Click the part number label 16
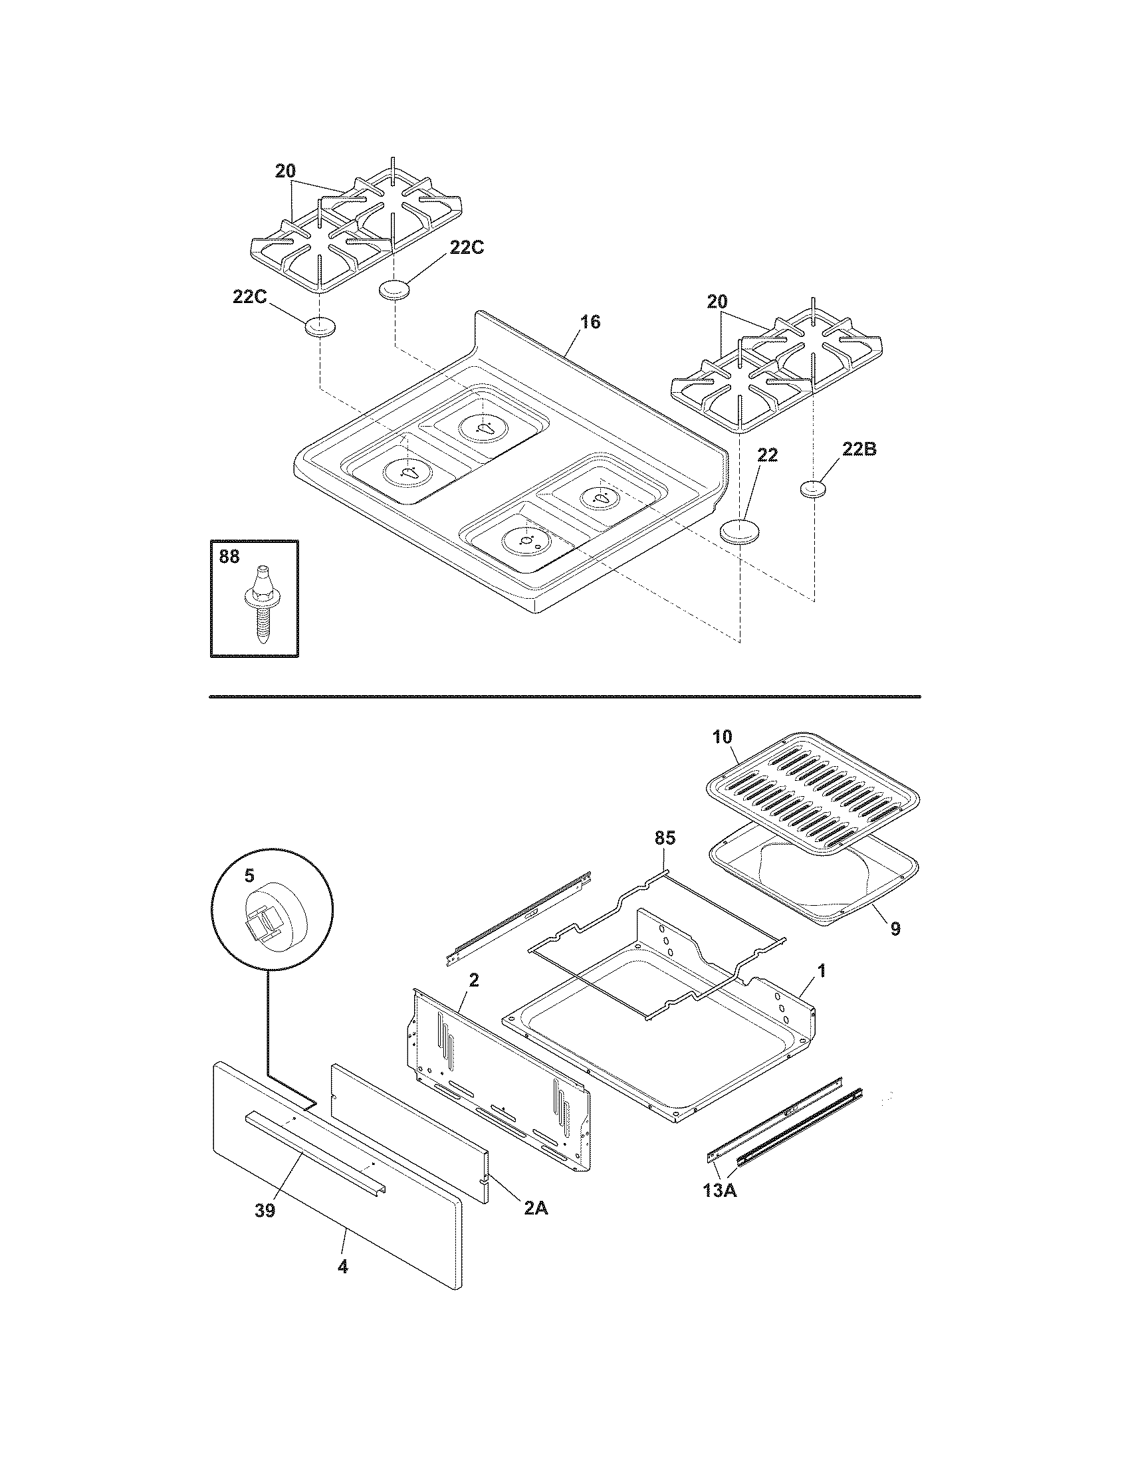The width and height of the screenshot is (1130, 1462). [x=590, y=322]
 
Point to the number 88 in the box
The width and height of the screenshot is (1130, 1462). [x=229, y=557]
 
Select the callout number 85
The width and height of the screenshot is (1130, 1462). [x=665, y=837]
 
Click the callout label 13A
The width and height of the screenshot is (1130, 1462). [x=721, y=1209]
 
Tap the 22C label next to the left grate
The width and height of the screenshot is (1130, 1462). [x=250, y=297]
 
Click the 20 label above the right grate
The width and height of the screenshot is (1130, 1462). [x=717, y=301]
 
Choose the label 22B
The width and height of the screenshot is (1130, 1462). [x=859, y=450]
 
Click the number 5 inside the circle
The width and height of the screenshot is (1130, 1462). [x=249, y=876]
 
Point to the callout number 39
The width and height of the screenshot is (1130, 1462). [x=265, y=1210]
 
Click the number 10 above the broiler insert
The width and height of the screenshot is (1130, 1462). [x=723, y=737]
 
